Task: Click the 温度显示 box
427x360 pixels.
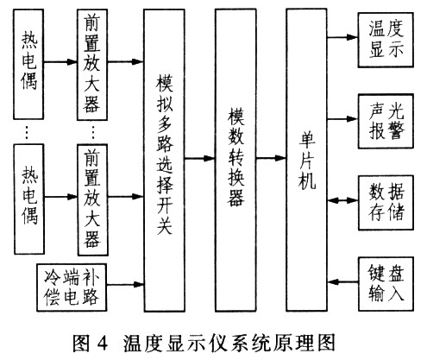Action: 386,40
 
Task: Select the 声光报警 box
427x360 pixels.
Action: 386,121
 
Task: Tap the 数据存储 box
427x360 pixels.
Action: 386,203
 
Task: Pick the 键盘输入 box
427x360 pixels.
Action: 386,284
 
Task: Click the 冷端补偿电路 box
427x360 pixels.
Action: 72,287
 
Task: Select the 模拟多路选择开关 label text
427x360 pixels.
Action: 165,155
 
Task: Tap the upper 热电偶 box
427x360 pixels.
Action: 28,64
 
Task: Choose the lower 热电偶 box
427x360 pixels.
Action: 29,199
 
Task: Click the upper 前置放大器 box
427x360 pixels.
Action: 92,65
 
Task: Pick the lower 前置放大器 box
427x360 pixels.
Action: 92,200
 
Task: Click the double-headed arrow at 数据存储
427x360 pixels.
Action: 342,200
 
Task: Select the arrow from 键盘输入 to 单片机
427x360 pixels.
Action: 342,281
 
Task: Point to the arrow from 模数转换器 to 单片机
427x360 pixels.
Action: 271,158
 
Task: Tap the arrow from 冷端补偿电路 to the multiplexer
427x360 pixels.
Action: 125,284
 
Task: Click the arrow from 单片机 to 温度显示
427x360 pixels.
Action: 342,37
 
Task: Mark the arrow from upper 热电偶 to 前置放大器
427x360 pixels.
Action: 60,61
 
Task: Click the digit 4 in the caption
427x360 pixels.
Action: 103,344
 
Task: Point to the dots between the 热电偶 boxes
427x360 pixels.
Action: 27,132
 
